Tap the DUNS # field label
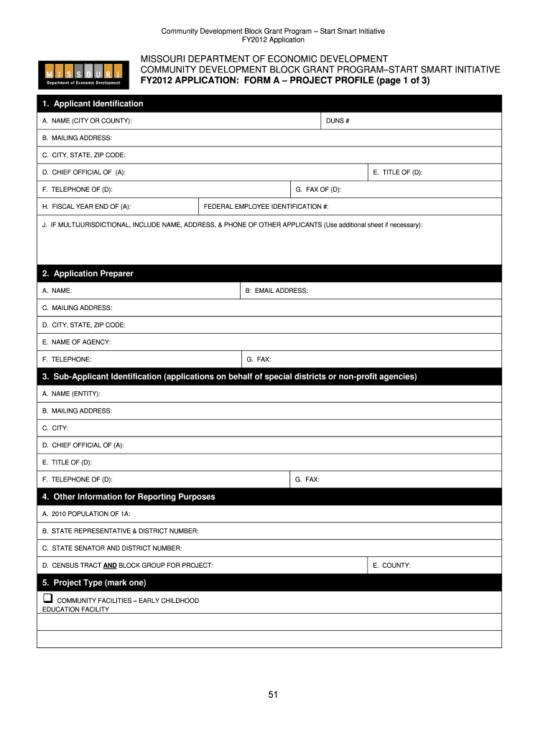tap(338, 121)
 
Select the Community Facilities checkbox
tap(47, 598)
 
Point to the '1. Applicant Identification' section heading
tap(93, 104)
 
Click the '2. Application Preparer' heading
tap(88, 273)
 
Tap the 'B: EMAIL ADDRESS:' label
tap(276, 291)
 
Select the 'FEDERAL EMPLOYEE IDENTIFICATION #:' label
tap(266, 207)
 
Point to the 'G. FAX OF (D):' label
tap(318, 189)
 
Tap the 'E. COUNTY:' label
tap(391, 566)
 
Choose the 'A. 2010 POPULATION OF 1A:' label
tap(86, 514)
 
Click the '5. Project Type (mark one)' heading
tap(94, 583)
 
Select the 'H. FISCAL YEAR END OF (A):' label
tap(86, 207)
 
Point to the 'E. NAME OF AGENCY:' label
tap(76, 342)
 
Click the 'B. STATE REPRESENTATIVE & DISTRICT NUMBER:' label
tap(120, 531)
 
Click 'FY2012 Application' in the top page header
tap(273, 40)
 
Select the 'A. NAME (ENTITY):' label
tap(71, 393)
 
